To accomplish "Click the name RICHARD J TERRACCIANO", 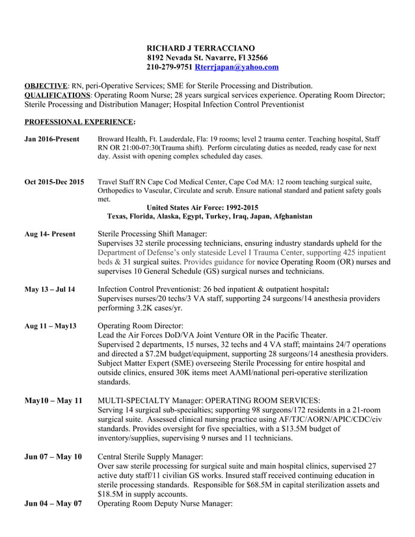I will (x=196, y=48).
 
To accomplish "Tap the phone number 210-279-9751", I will (x=169, y=67).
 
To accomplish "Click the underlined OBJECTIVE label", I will (x=46, y=86).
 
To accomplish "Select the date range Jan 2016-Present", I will (x=51, y=139).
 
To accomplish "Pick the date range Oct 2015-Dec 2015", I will (x=54, y=181).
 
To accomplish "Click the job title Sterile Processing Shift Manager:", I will (x=152, y=233).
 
